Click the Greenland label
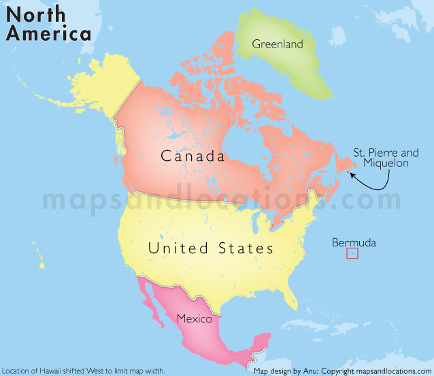(x=277, y=44)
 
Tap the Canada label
(x=193, y=156)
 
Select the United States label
(x=211, y=248)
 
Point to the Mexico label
(x=194, y=318)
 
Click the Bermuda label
(x=354, y=242)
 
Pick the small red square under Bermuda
(x=352, y=254)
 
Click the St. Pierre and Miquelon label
(x=386, y=159)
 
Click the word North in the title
(x=38, y=14)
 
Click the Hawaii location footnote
(x=83, y=371)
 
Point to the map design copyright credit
(x=342, y=371)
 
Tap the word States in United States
(x=246, y=248)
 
